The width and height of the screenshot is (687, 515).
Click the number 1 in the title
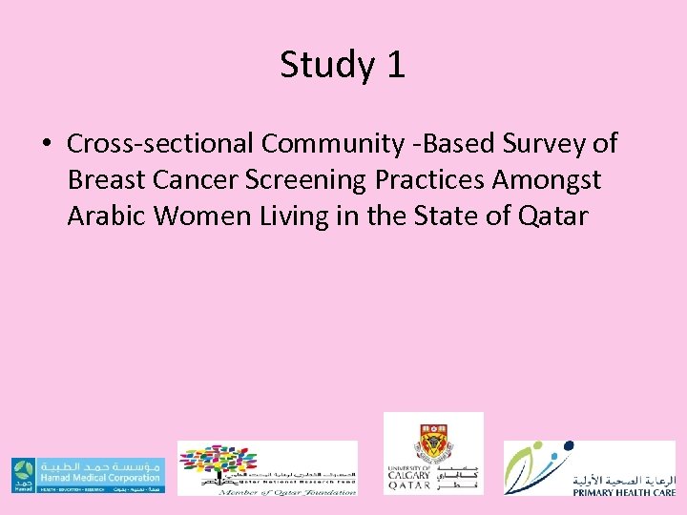[394, 65]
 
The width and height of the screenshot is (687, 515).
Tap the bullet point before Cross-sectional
[46, 144]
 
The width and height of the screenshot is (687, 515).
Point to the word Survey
[542, 144]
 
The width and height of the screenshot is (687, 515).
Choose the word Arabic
[106, 216]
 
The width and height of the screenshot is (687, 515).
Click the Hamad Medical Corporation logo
[88, 475]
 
